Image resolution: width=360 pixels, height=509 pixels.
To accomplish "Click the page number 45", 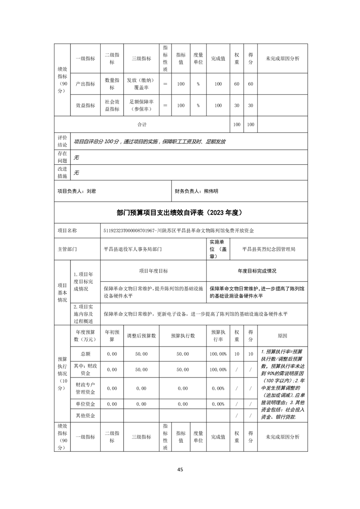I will pos(180,470).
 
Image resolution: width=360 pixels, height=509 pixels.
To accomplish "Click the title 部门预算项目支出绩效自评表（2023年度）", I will pos(180,212).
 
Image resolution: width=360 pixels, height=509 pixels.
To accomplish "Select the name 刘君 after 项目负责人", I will pos(91,191).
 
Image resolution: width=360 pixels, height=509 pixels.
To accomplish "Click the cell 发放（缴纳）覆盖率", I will pos(141,84).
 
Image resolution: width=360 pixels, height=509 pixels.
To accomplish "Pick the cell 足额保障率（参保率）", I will pos(141,105).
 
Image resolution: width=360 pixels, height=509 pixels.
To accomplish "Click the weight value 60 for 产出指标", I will pos(237,84).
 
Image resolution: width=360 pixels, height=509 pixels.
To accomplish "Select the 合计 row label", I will pos(142,124).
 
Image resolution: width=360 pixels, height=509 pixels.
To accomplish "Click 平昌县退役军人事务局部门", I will pos(133,249).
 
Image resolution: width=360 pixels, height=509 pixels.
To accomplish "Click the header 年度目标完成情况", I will pos(257,271).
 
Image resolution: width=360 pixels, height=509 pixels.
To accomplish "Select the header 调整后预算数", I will pos(141,336).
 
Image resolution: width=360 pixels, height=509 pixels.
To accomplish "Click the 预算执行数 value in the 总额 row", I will pos(182,354).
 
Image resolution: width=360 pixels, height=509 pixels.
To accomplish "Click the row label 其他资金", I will pos(85,416).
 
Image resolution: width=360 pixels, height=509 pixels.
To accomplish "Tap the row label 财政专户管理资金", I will pos(85,388).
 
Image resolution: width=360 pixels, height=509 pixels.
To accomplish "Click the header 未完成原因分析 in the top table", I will pos(282,59).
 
